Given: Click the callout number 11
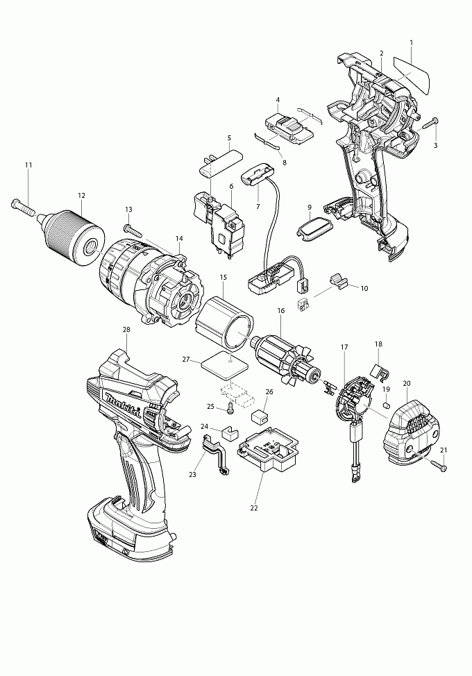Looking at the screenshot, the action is (28, 165).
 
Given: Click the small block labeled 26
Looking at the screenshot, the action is (259, 416).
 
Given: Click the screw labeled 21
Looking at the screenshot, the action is (439, 465).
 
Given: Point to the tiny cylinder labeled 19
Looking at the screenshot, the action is (387, 405).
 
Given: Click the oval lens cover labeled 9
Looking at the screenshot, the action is (315, 226).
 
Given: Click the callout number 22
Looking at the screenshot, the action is (254, 508).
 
